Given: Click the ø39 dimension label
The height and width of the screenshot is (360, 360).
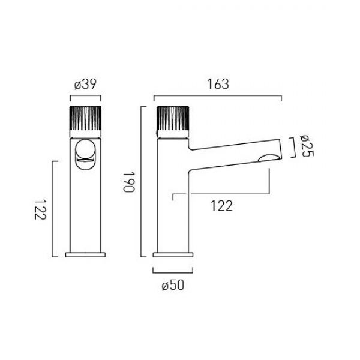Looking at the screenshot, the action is (x=85, y=84).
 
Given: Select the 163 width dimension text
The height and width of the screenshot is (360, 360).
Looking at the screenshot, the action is (x=218, y=84).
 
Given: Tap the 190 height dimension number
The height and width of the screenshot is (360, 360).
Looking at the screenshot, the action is (x=128, y=182).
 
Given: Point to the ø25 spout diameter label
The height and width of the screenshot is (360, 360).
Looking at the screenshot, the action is (x=307, y=146).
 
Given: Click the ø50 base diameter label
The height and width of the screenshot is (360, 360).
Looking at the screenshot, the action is (x=173, y=286).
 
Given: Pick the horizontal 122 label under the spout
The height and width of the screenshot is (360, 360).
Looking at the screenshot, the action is (x=221, y=206).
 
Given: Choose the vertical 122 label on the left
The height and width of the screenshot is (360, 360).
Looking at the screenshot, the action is (x=40, y=209).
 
